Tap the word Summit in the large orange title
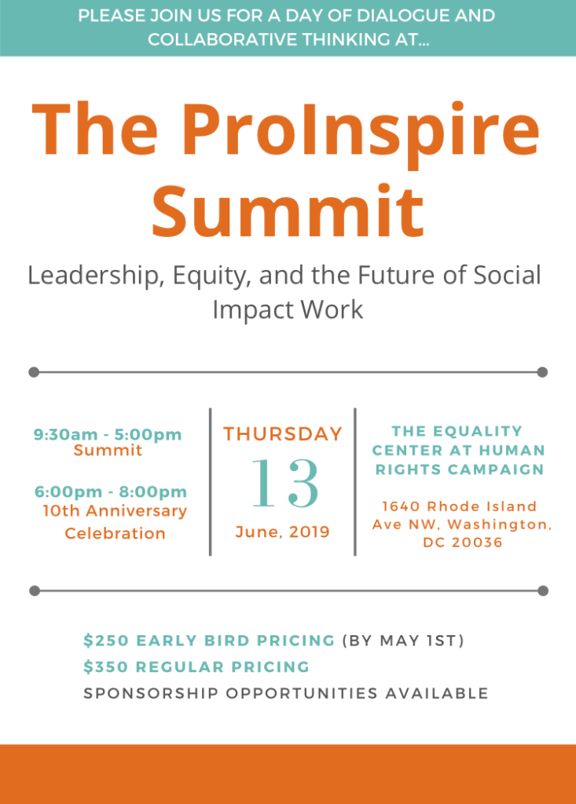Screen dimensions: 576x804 pos(288,210)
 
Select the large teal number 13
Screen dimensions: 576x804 pos(285,483)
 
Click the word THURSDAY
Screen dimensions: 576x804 pos(283,433)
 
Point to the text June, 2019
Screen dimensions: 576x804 pos(282,532)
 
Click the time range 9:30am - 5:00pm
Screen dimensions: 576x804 pos(108,434)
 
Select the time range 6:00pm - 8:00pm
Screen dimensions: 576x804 pos(110,492)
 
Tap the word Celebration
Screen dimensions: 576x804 pos(115,533)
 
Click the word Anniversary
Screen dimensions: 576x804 pos(137,511)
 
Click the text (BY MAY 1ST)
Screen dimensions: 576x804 pos(403,641)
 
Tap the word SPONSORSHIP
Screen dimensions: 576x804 pos(152,693)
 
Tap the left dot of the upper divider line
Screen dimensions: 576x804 pos(34,371)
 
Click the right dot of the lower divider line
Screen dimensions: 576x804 pos(543,590)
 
